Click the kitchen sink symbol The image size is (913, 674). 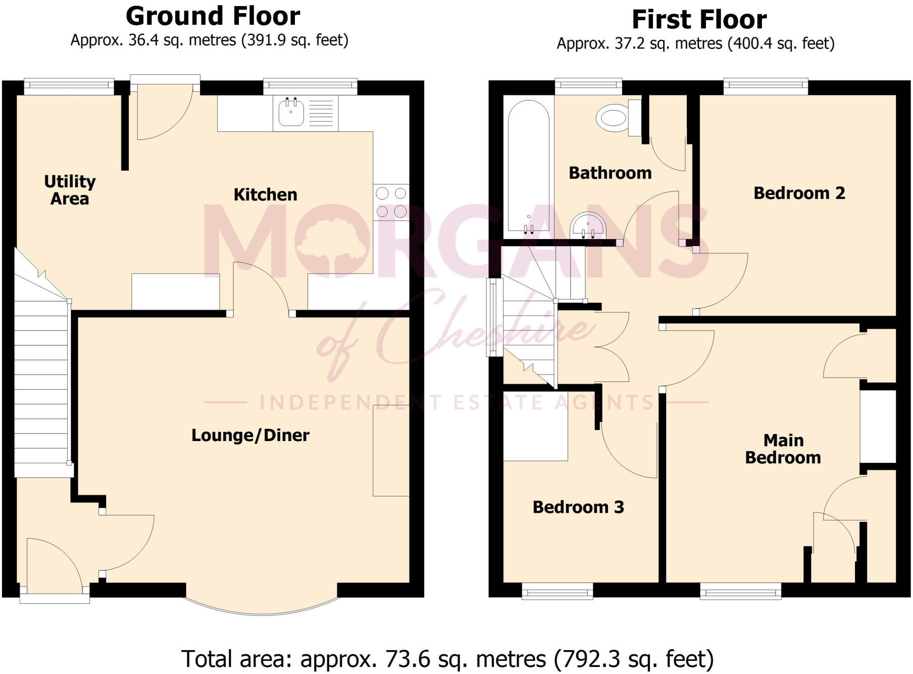click(291, 112)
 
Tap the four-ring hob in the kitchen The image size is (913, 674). click(391, 202)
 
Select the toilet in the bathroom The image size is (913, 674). click(612, 118)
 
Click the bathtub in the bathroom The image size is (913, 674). click(528, 167)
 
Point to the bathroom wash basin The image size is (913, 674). click(588, 226)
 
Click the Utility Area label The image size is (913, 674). click(70, 190)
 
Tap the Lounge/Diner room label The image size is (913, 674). click(250, 436)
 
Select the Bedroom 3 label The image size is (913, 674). click(578, 507)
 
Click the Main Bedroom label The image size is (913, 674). click(783, 449)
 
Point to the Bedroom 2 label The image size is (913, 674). click(799, 193)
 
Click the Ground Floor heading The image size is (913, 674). click(213, 16)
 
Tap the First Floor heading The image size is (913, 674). click(699, 20)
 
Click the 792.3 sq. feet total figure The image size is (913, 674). click(634, 659)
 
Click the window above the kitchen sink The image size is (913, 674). click(310, 86)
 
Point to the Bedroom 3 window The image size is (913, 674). click(557, 591)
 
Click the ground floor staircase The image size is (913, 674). click(41, 379)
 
